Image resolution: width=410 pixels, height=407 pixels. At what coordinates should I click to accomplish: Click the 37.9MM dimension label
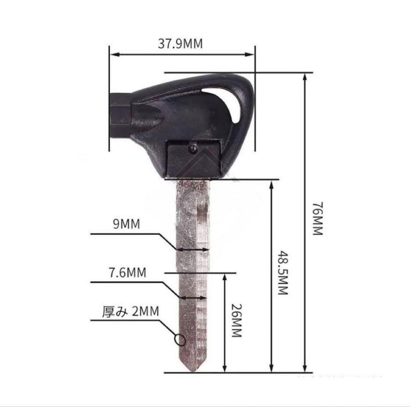(x=180, y=44)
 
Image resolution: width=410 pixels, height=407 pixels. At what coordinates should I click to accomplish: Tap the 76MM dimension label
(x=318, y=218)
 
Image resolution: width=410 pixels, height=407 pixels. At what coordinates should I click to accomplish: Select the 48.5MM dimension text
(x=283, y=273)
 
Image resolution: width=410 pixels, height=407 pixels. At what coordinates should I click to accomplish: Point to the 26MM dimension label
(x=237, y=320)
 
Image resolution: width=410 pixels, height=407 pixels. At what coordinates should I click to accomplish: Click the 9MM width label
(x=126, y=224)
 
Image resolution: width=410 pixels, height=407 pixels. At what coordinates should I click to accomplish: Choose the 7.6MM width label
(x=127, y=273)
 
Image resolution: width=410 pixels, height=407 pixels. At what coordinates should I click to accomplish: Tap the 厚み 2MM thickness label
(x=131, y=312)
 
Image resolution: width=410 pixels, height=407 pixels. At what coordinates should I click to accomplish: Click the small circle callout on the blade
(x=180, y=340)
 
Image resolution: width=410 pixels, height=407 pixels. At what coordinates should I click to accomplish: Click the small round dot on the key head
(x=193, y=148)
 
